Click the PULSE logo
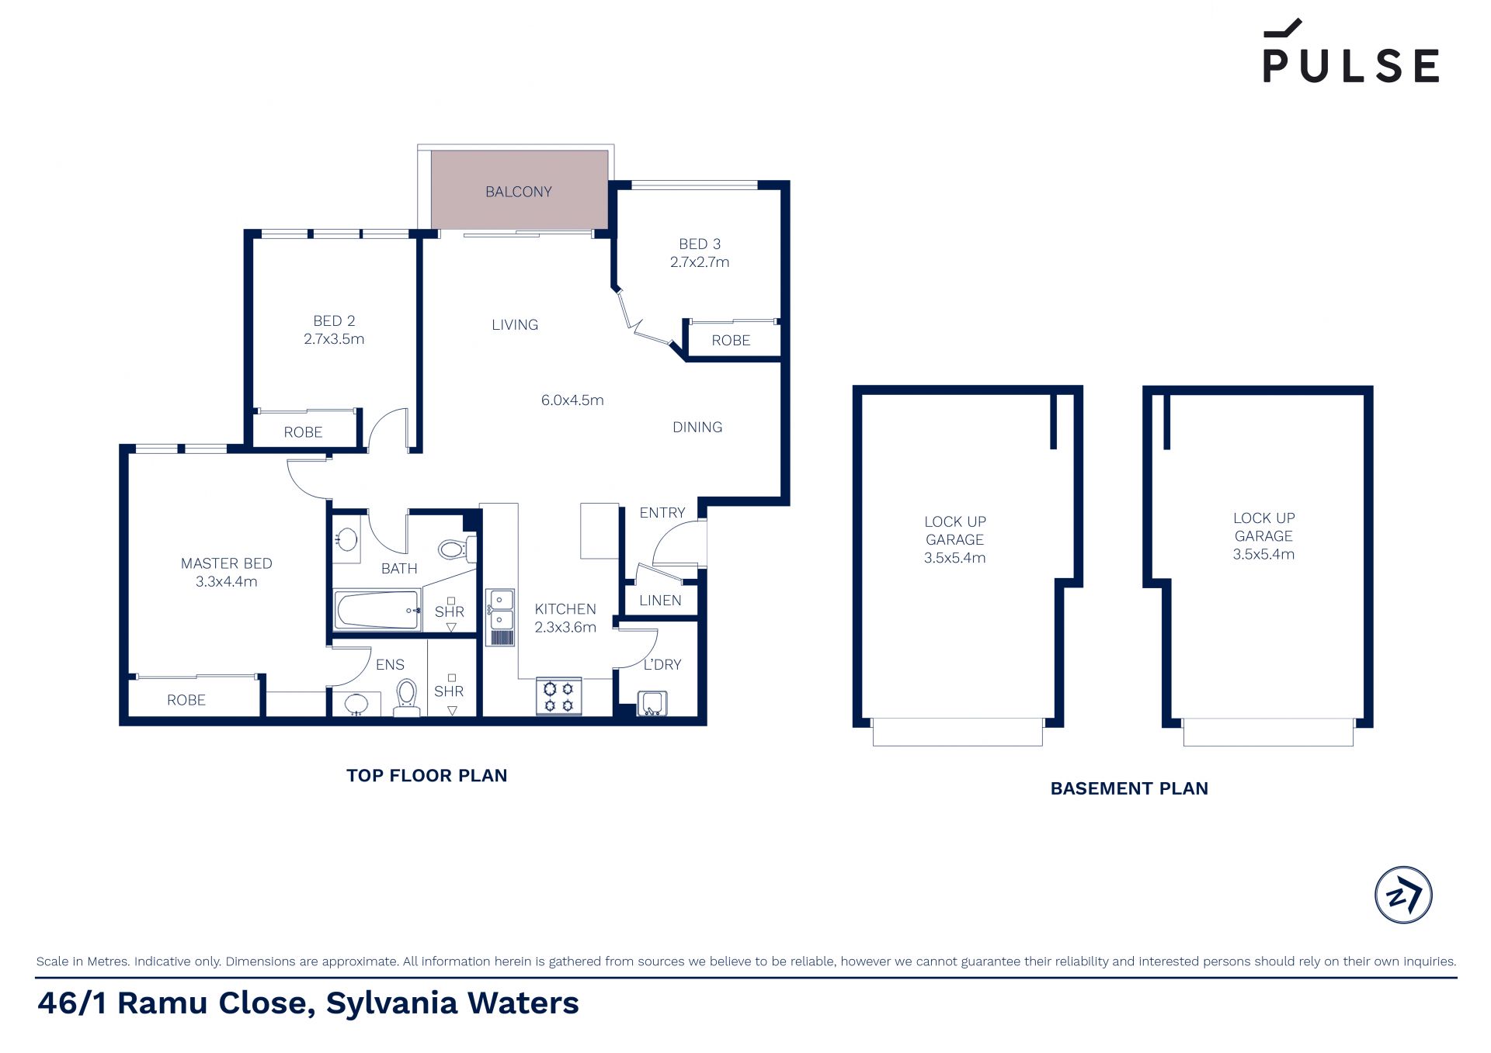coord(1350,51)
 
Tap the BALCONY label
coord(519,192)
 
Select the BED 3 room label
coord(700,244)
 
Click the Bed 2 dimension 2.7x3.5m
coord(334,339)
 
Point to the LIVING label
coord(515,325)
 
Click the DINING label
coord(697,428)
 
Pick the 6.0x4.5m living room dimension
coord(572,400)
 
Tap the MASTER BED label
coord(227,563)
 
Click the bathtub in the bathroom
coord(377,610)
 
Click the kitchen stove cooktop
coord(559,696)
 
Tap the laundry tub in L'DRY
coord(652,703)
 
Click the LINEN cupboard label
coord(660,601)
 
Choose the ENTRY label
coord(662,513)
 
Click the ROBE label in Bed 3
coord(731,341)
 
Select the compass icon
coord(1403,895)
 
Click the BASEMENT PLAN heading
coord(1129,788)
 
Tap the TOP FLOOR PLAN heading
coord(426,775)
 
